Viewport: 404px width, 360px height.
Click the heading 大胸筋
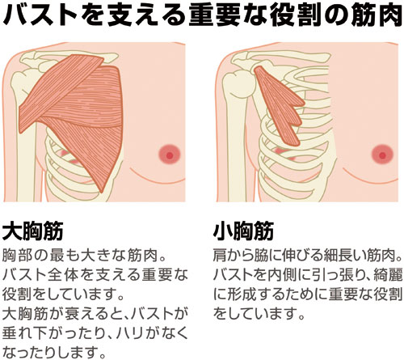pyautogui.click(x=32, y=231)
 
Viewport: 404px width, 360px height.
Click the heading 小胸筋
pyautogui.click(x=243, y=231)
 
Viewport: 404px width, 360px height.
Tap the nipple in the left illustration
pyautogui.click(x=170, y=155)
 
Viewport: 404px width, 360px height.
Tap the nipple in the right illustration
pyautogui.click(x=382, y=155)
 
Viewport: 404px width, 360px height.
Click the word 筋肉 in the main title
pyautogui.click(x=381, y=14)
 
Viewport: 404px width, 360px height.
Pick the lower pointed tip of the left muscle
pyautogui.click(x=102, y=192)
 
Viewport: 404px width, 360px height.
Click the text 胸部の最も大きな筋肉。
pyautogui.click(x=83, y=256)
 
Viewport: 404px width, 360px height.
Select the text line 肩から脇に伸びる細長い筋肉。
pyautogui.click(x=308, y=256)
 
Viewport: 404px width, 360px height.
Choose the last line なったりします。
pyautogui.click(x=54, y=352)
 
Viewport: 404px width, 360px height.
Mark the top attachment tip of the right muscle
pyautogui.click(x=257, y=67)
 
